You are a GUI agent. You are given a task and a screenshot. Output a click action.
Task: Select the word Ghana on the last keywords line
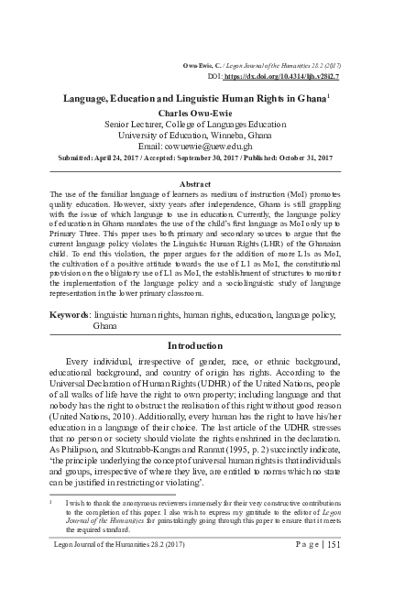click(106, 326)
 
